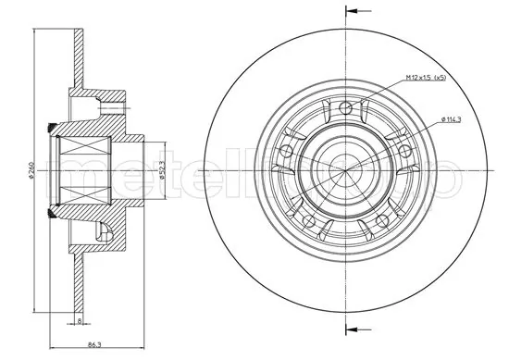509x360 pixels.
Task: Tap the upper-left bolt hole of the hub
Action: tap(286, 150)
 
